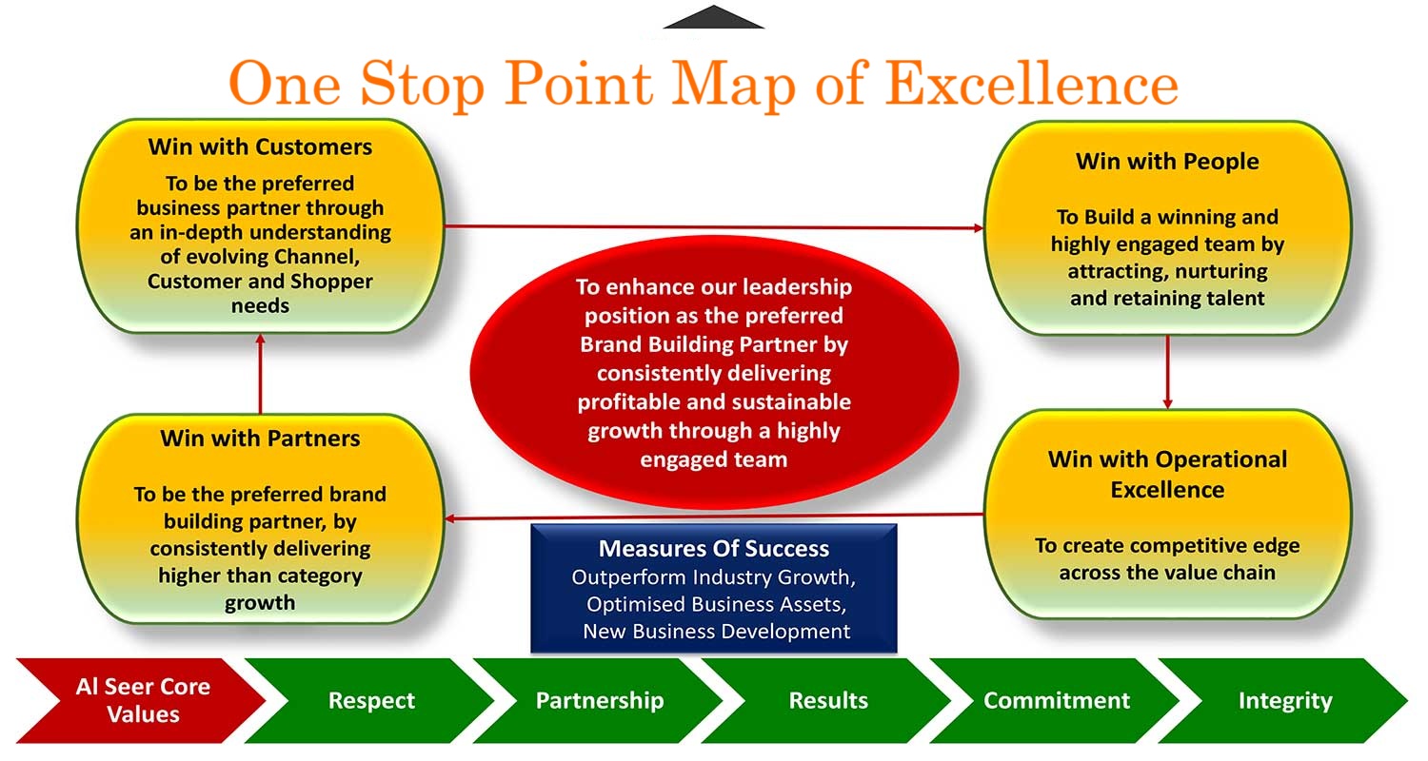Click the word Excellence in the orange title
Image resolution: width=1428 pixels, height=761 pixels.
(x=1031, y=84)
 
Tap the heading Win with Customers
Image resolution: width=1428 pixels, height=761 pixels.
(x=260, y=147)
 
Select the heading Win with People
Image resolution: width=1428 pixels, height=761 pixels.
(x=1167, y=162)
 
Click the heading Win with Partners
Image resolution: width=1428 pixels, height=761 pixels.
(x=260, y=439)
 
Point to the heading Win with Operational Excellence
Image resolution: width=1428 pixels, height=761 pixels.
(x=1167, y=475)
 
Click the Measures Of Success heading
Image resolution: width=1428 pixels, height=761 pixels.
(x=713, y=548)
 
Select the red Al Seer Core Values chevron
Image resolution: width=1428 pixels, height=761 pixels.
(x=141, y=700)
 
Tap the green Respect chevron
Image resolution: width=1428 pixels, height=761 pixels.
(x=369, y=700)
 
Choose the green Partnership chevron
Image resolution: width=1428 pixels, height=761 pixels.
(x=598, y=700)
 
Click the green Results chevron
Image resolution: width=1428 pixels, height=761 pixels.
(x=827, y=700)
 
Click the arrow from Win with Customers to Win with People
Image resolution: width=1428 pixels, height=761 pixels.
(x=713, y=226)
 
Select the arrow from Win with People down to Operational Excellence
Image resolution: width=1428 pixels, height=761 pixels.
(x=1167, y=372)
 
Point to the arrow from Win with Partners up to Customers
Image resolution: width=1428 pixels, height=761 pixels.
(x=260, y=374)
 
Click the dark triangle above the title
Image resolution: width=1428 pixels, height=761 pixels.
(x=713, y=18)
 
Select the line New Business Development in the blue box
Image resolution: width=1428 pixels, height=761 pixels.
(x=716, y=631)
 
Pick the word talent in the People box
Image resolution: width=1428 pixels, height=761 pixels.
(x=1230, y=298)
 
